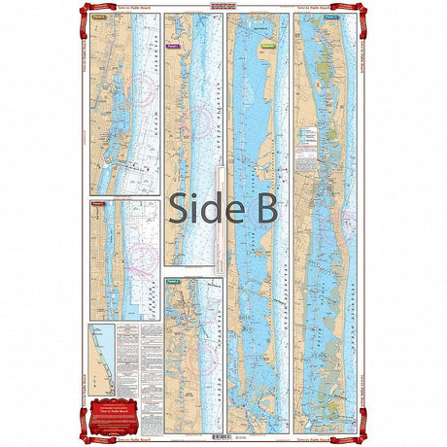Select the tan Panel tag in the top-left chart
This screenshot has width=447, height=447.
(x=98, y=17)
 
